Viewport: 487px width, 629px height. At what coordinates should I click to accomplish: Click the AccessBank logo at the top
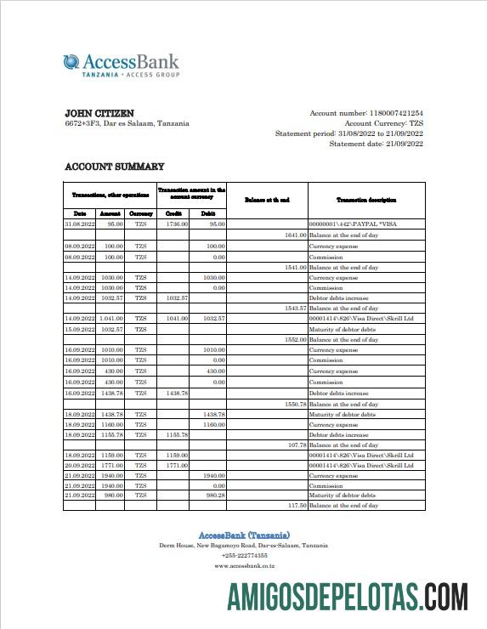121,65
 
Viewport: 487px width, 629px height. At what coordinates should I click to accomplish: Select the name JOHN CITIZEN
99,113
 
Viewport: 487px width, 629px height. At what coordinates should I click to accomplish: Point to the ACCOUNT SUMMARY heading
115,167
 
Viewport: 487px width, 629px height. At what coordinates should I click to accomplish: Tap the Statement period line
348,134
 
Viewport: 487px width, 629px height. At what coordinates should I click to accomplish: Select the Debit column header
207,212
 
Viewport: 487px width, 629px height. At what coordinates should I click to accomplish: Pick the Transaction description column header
365,200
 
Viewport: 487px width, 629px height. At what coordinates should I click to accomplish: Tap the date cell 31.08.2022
80,224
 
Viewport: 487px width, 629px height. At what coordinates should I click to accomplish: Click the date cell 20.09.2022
80,465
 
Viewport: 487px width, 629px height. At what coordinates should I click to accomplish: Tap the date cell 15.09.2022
80,328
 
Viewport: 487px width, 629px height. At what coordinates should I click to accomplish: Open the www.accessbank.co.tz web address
243,565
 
